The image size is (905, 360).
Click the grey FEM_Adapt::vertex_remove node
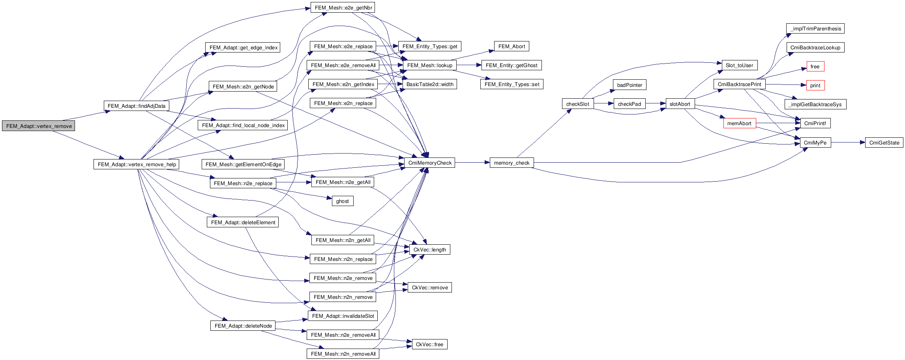tap(39, 126)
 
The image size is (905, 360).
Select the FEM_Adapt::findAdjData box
tap(136, 106)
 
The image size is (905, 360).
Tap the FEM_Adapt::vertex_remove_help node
tap(137, 164)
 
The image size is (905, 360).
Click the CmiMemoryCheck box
tap(429, 163)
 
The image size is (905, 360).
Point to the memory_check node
tap(512, 163)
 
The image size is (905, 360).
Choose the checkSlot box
tap(577, 104)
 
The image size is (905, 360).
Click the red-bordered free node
tap(815, 66)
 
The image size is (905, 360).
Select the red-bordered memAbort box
tap(739, 123)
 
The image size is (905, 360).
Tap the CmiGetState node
tap(884, 142)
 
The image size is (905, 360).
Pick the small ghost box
tap(342, 201)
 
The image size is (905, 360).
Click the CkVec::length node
tap(429, 249)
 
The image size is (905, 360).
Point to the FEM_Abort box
tap(512, 46)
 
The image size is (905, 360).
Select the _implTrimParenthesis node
tap(815, 28)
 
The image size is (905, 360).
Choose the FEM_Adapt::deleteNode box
tap(243, 326)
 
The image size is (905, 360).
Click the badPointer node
tap(630, 85)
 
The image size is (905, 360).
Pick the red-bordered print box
tap(815, 85)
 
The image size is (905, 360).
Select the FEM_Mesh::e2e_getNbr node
tap(343, 7)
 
